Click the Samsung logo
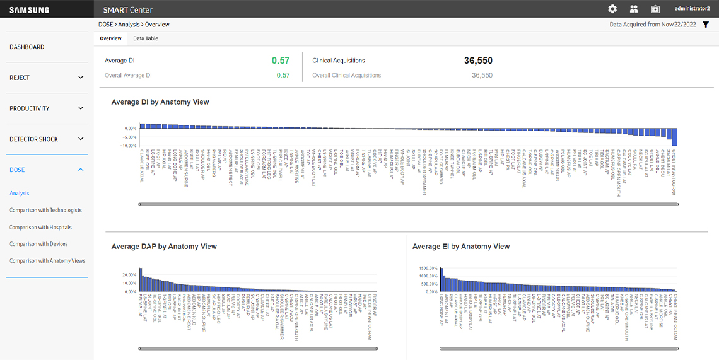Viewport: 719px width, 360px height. [x=30, y=9]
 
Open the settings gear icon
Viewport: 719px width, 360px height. [x=612, y=9]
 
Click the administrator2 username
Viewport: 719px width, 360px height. [x=693, y=9]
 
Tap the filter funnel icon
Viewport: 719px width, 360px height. [x=706, y=25]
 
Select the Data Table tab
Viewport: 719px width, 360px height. [x=146, y=38]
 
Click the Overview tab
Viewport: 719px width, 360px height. [x=110, y=38]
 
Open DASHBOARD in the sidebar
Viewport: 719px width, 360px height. [x=27, y=47]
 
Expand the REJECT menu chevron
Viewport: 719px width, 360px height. [x=81, y=78]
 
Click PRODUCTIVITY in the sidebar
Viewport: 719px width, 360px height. [x=30, y=108]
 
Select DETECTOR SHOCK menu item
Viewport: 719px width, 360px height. [x=33, y=139]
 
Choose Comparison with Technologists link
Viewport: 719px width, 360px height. [x=45, y=211]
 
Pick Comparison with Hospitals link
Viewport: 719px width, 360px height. [x=40, y=228]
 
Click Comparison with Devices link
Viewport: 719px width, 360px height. [x=38, y=244]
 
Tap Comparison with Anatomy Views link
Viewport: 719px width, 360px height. [x=47, y=261]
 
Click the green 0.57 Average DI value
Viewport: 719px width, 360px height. [x=281, y=61]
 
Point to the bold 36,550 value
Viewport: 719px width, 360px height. [x=478, y=61]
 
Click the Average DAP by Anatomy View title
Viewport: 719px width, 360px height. [x=164, y=247]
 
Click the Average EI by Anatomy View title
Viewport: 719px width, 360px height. [x=461, y=247]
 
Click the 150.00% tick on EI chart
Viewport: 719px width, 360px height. [x=427, y=268]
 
